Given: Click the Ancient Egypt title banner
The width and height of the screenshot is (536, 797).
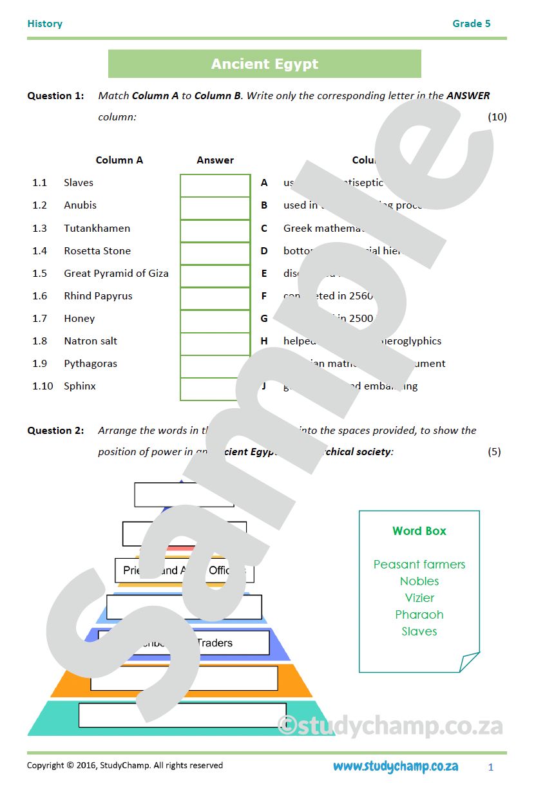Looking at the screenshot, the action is pos(264,64).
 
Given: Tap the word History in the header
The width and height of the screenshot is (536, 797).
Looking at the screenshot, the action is pos(45,24).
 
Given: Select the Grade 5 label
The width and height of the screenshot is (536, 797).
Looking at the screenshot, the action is pos(471,24).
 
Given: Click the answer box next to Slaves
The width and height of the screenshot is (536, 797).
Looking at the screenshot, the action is pos(215,185).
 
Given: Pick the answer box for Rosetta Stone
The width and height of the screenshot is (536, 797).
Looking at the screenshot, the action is pos(215,254).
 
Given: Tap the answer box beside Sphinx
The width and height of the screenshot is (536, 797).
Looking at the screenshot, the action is pos(215,389).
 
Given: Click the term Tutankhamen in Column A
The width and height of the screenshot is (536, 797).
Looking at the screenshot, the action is pos(97,229).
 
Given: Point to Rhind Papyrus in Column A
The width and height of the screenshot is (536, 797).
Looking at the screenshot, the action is pos(98,296).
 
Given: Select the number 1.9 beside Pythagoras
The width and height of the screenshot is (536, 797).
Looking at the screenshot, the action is pos(39,364).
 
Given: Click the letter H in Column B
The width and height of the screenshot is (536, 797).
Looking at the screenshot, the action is pos(264,341).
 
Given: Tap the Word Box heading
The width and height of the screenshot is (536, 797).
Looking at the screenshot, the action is pos(419,531).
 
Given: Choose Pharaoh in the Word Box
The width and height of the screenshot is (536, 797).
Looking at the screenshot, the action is pos(419,615).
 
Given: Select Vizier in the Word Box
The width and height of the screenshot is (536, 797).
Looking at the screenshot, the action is pos(419,598).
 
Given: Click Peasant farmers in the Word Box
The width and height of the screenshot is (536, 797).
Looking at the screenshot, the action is pos(419,565).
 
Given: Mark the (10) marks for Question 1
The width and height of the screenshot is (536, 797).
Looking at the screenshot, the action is pos(497,117).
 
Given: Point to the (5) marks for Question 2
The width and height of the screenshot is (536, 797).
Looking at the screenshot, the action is pos(494,452).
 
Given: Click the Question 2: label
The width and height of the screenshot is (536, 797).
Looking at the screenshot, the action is pos(55,431).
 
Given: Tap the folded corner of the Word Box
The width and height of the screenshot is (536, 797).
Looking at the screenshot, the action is pos(468,661).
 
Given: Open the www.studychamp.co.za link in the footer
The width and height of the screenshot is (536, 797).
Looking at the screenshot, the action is pos(396,766).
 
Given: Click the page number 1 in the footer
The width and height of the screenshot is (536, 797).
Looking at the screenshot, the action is pos(491,767).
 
